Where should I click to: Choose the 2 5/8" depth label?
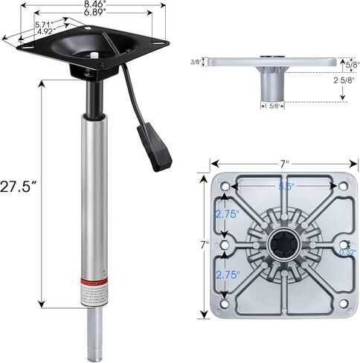344,80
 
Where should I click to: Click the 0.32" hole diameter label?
347,252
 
